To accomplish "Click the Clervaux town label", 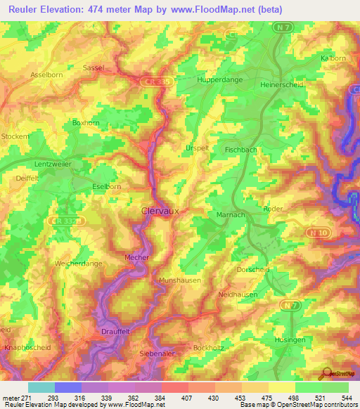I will point(156,209).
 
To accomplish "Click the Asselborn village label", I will point(46,74).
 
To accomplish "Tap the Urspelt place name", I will point(196,148).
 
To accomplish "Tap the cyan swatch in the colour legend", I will point(41,387).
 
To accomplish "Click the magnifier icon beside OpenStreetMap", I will point(326,373).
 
